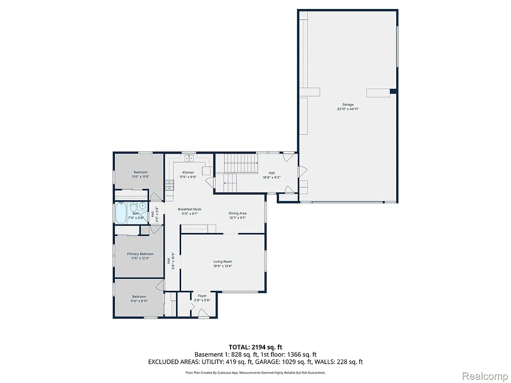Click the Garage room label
348,105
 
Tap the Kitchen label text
188,173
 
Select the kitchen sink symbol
189,159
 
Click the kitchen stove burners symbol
170,185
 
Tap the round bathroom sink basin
142,205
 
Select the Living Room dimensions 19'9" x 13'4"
223,266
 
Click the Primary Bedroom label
140,254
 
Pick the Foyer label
202,296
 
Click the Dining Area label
238,213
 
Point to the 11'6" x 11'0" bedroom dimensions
140,177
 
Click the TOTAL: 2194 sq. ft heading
255,347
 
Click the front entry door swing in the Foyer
203,313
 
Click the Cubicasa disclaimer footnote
255,373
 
